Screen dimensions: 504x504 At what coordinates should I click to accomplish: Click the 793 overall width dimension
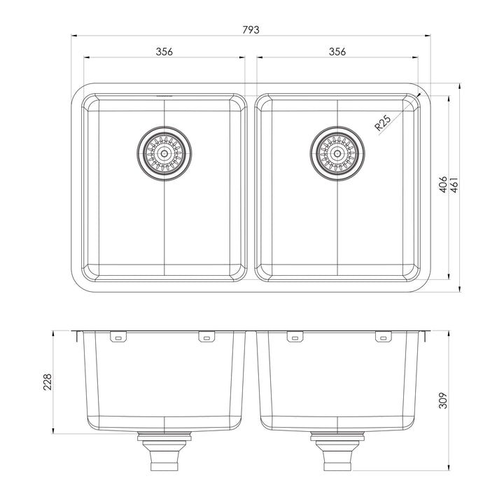tap(251, 29)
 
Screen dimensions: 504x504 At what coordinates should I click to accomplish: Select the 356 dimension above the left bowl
tap(164, 52)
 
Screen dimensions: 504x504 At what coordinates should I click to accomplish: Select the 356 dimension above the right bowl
tap(337, 52)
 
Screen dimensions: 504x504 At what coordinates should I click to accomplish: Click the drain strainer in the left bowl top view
tap(164, 152)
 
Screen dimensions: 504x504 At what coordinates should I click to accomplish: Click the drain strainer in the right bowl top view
tap(337, 152)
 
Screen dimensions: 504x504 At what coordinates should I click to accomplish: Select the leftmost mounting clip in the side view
tap(118, 338)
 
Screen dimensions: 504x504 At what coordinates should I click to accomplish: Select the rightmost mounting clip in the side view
tap(383, 338)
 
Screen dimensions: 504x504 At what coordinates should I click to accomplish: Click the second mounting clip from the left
tap(206, 338)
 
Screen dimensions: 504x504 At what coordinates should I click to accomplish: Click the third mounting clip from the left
tap(295, 338)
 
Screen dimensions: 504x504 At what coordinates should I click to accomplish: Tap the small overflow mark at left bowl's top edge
tap(164, 95)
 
